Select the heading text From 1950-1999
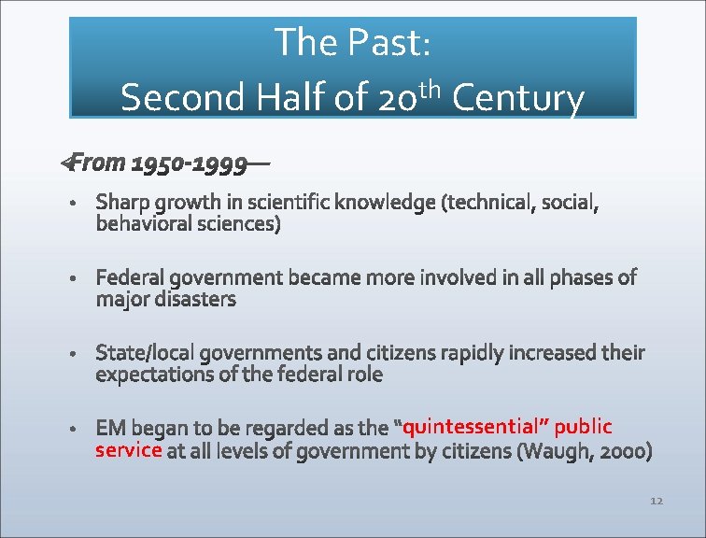(x=159, y=163)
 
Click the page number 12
(x=656, y=502)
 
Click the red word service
(x=129, y=449)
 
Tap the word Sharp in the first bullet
(x=123, y=203)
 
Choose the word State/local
(x=147, y=352)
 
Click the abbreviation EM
(x=110, y=428)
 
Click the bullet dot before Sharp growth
(x=73, y=203)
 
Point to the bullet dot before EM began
(x=73, y=428)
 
